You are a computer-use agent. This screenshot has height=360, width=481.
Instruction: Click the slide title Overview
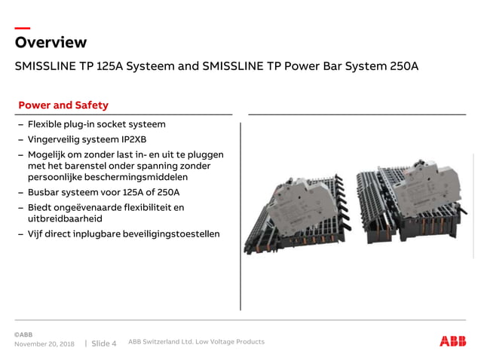51,42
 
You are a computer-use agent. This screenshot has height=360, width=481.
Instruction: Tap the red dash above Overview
23,29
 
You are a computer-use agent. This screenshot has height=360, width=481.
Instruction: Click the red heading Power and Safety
63,105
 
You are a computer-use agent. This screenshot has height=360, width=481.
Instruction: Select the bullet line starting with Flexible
97,124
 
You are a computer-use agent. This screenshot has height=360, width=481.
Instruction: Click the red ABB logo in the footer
452,341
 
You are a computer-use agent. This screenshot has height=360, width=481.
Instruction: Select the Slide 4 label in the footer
104,343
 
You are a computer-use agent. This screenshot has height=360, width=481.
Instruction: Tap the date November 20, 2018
44,343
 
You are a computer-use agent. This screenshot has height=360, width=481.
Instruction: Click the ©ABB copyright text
23,334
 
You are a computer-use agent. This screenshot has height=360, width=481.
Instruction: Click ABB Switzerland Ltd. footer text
196,342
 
